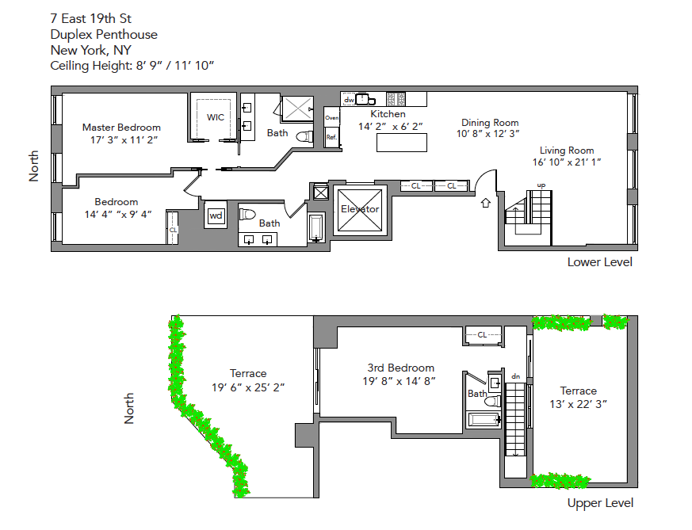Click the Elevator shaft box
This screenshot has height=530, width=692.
pos(359,209)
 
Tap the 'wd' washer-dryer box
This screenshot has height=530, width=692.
pos(215,215)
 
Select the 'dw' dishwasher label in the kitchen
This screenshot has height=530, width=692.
pos(348,100)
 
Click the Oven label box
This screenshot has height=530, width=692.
pos(331,118)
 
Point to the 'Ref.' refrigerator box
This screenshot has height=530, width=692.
pos(331,136)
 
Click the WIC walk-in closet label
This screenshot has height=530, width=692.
pos(216,117)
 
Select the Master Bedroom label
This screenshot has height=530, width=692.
pos(121,128)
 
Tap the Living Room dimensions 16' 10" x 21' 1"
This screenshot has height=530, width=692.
pos(567,162)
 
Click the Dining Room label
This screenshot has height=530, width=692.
pos(490,123)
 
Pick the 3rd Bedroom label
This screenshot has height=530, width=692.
pos(400,368)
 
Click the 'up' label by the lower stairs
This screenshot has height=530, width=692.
pos(541,185)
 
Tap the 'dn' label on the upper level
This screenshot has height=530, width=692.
pos(515,376)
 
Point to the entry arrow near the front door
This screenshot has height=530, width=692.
pos(486,203)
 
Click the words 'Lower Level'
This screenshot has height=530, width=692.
pos(599,262)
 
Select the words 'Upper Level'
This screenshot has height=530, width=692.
pos(600,503)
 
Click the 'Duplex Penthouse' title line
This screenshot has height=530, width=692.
pos(103,34)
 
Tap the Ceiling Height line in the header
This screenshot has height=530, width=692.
pos(132,65)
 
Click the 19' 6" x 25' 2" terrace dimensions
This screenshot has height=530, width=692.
pos(248,387)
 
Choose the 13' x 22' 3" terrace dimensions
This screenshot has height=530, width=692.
pos(578,404)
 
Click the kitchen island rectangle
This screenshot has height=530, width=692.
pos(401,143)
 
